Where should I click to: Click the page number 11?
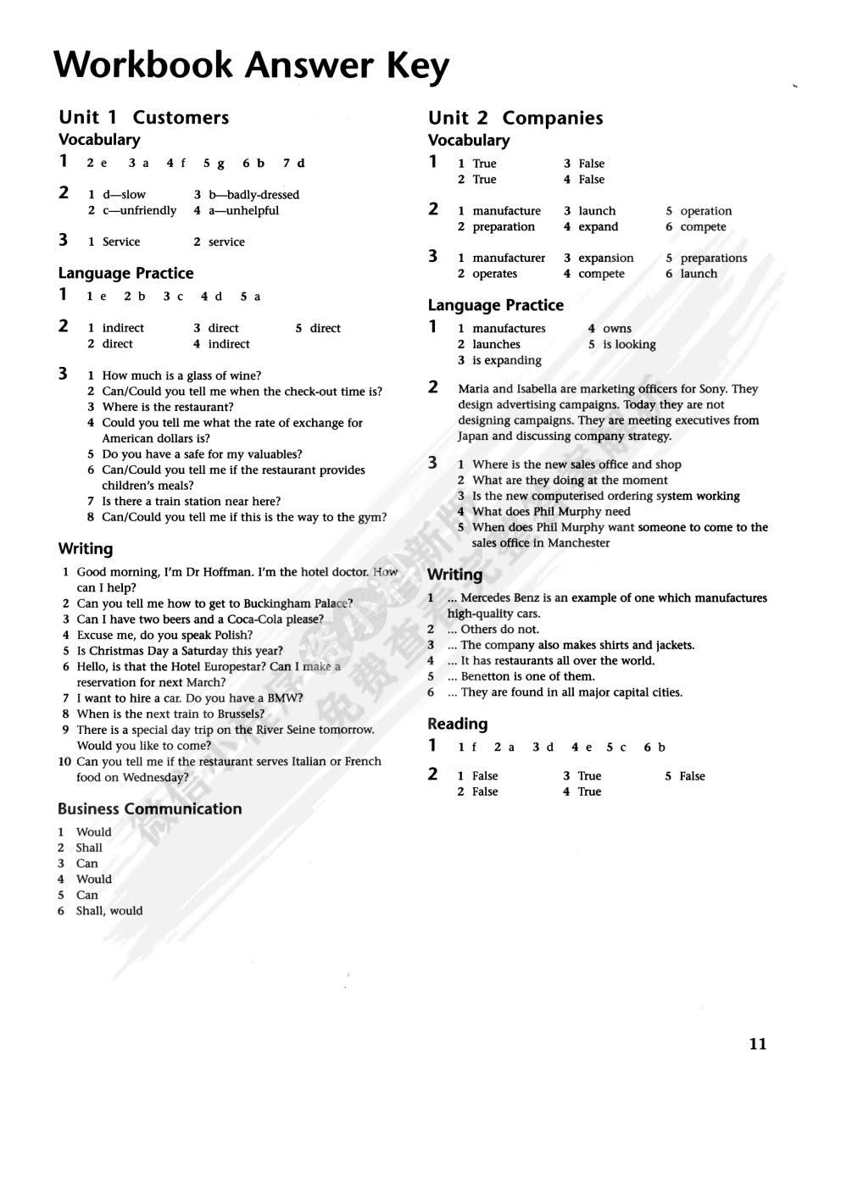tap(758, 1044)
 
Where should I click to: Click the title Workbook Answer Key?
tap(251, 65)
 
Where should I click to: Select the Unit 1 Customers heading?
tap(143, 117)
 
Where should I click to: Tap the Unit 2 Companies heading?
tap(515, 118)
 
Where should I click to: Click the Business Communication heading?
tap(149, 808)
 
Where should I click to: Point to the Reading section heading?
tap(457, 724)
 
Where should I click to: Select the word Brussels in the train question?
tap(237, 714)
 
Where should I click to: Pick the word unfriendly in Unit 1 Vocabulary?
tap(145, 210)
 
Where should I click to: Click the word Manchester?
tap(578, 543)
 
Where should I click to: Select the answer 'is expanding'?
tap(507, 360)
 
